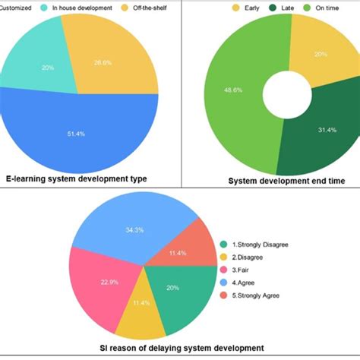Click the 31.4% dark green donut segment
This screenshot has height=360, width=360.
click(319, 129)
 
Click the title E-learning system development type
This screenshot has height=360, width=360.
click(77, 179)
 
